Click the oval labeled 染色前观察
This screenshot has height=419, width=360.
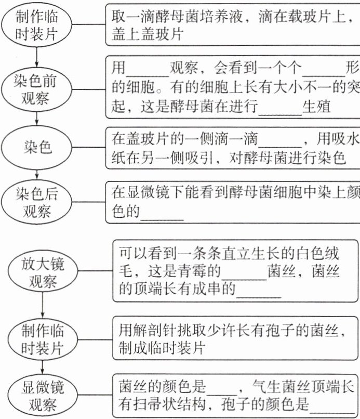click(36, 89)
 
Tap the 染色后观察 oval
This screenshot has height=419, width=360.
click(37, 202)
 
